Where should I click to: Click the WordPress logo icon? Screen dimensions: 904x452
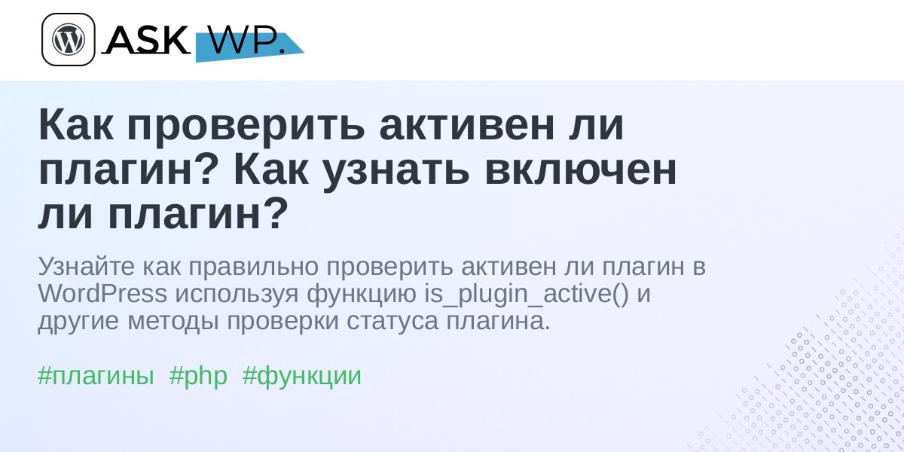coord(69,39)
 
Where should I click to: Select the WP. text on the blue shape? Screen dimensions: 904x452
coord(247,40)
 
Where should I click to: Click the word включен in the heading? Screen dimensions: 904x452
coord(580,170)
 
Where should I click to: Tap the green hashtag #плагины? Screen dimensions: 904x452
coord(96,376)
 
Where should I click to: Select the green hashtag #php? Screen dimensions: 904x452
coord(198,376)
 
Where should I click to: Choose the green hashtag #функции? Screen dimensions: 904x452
coord(302,376)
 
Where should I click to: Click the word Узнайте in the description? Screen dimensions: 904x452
coord(86,266)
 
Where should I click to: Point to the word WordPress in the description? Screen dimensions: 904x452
coord(102,293)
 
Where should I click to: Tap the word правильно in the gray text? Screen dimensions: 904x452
coord(253,267)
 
